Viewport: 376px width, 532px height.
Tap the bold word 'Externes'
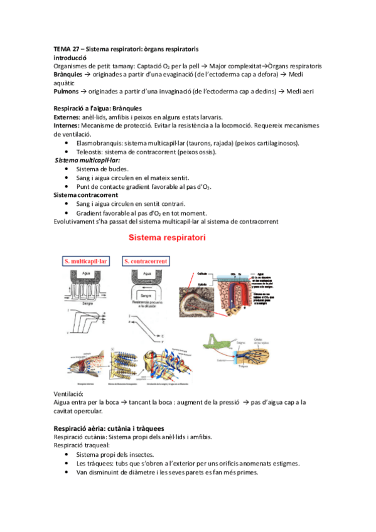click(67, 117)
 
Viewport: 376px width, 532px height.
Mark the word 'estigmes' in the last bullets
click(284, 463)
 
